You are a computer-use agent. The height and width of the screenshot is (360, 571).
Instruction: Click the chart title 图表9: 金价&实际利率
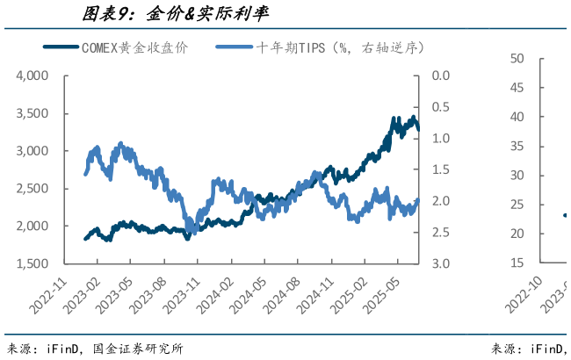pos(176,14)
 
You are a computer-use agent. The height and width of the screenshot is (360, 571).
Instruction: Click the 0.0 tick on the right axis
pos(441,76)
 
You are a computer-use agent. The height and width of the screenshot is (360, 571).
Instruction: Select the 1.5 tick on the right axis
pos(441,169)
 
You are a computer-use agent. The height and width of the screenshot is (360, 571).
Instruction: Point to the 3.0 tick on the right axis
pos(441,263)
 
